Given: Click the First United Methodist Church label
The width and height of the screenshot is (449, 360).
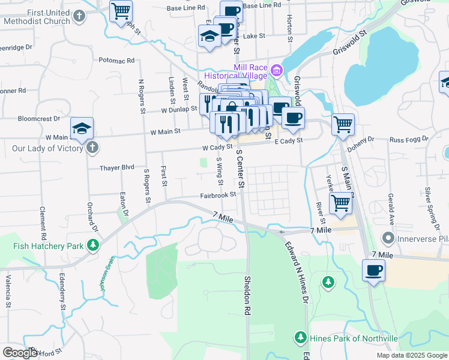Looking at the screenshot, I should (37, 16).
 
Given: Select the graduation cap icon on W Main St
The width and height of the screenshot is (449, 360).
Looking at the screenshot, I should (82, 128).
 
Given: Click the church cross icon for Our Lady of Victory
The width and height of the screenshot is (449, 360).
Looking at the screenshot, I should (92, 148).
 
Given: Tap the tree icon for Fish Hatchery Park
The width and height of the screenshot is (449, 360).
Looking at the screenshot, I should (93, 245).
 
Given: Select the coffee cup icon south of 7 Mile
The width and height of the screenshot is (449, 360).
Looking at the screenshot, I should (373, 270).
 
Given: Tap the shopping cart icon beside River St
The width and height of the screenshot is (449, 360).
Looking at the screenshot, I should (340, 203).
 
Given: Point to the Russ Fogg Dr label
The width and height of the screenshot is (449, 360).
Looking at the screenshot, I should (409, 139).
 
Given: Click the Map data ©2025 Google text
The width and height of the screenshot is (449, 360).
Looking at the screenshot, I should (411, 355).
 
